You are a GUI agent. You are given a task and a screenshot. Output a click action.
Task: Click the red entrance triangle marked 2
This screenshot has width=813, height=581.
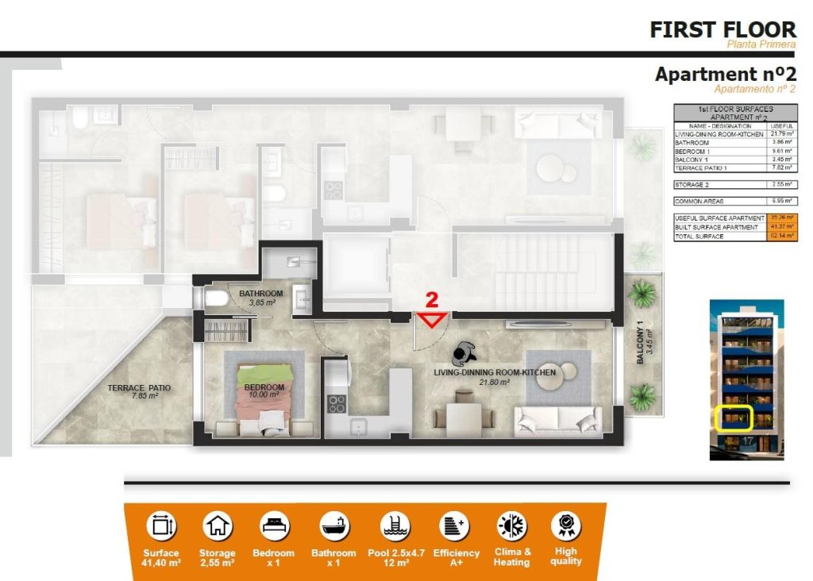433,319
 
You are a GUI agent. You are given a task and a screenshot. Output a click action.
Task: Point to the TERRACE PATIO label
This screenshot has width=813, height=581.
139,389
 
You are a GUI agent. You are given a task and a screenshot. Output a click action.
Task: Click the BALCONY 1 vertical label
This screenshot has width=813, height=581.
643,342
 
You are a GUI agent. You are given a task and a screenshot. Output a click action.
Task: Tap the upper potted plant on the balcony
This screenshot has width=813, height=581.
642,293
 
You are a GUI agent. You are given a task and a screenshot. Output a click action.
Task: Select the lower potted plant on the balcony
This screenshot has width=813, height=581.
642,395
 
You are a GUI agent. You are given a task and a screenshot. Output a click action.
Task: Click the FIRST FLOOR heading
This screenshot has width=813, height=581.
722,29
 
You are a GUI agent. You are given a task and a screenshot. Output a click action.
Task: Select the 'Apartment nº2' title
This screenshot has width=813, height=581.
725,74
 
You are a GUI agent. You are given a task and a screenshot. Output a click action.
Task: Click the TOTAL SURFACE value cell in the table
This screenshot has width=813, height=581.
782,236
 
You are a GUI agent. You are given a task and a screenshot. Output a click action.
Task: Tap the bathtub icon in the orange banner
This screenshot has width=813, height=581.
333,525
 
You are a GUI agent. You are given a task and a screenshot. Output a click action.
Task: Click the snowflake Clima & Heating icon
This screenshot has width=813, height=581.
511,525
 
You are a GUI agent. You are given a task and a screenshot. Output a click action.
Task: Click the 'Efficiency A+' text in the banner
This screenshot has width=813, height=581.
456,557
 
